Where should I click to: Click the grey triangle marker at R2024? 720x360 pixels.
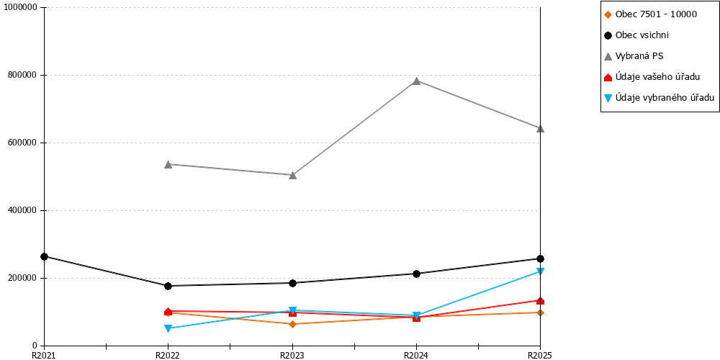pyautogui.click(x=416, y=81)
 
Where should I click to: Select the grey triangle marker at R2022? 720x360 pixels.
pyautogui.click(x=168, y=164)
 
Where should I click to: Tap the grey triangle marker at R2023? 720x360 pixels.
pyautogui.click(x=292, y=175)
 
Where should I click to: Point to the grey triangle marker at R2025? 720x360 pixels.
pyautogui.click(x=541, y=129)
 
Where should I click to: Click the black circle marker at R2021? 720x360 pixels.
pyautogui.click(x=44, y=257)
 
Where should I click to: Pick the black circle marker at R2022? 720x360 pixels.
pyautogui.click(x=168, y=286)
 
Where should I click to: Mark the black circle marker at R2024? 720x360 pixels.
pyautogui.click(x=416, y=274)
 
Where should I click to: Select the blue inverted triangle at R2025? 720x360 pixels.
pyautogui.click(x=541, y=271)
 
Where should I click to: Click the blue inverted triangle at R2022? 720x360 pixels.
pyautogui.click(x=168, y=328)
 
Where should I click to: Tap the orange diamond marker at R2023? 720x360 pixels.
pyautogui.click(x=292, y=324)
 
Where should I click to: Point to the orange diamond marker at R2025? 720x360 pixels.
pyautogui.click(x=541, y=312)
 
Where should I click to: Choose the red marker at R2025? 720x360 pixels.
pyautogui.click(x=541, y=301)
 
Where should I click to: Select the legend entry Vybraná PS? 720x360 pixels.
pyautogui.click(x=633, y=56)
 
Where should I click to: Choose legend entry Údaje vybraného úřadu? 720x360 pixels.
pyautogui.click(x=659, y=97)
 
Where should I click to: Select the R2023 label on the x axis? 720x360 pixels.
pyautogui.click(x=292, y=355)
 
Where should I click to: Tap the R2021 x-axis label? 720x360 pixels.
pyautogui.click(x=44, y=355)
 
